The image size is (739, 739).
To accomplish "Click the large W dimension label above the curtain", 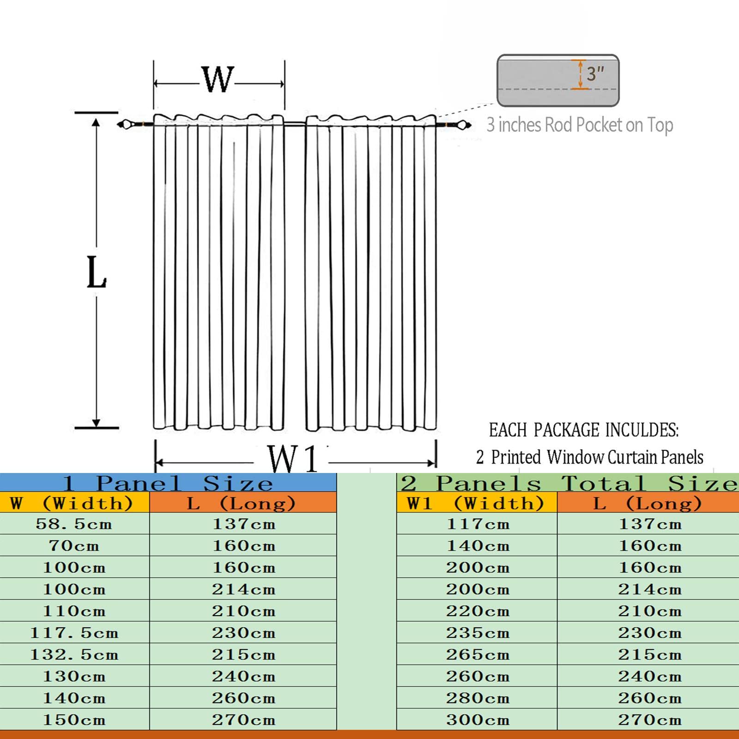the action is (218, 79).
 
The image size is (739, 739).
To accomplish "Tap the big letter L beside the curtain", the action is (97, 273).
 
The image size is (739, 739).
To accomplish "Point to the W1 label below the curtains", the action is (293, 459).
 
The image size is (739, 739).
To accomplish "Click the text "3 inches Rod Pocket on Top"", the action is (580, 125).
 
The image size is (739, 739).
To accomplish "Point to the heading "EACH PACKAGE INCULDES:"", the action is (584, 430).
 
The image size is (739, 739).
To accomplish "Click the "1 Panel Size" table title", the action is (168, 484).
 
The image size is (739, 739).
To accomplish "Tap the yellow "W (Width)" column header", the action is (71, 503).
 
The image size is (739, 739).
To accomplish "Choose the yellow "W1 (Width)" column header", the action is (476, 503).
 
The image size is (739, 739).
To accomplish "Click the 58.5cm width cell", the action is (74, 524).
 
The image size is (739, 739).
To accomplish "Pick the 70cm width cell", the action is (74, 546).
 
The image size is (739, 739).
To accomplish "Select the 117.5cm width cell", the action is (74, 633).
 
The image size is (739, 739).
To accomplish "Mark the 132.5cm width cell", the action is (74, 654).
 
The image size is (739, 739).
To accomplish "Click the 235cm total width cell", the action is (478, 633).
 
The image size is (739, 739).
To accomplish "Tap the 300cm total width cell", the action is (478, 720).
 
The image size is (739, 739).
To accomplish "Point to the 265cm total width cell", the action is (478, 654).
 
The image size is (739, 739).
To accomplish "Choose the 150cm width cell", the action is (74, 720).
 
